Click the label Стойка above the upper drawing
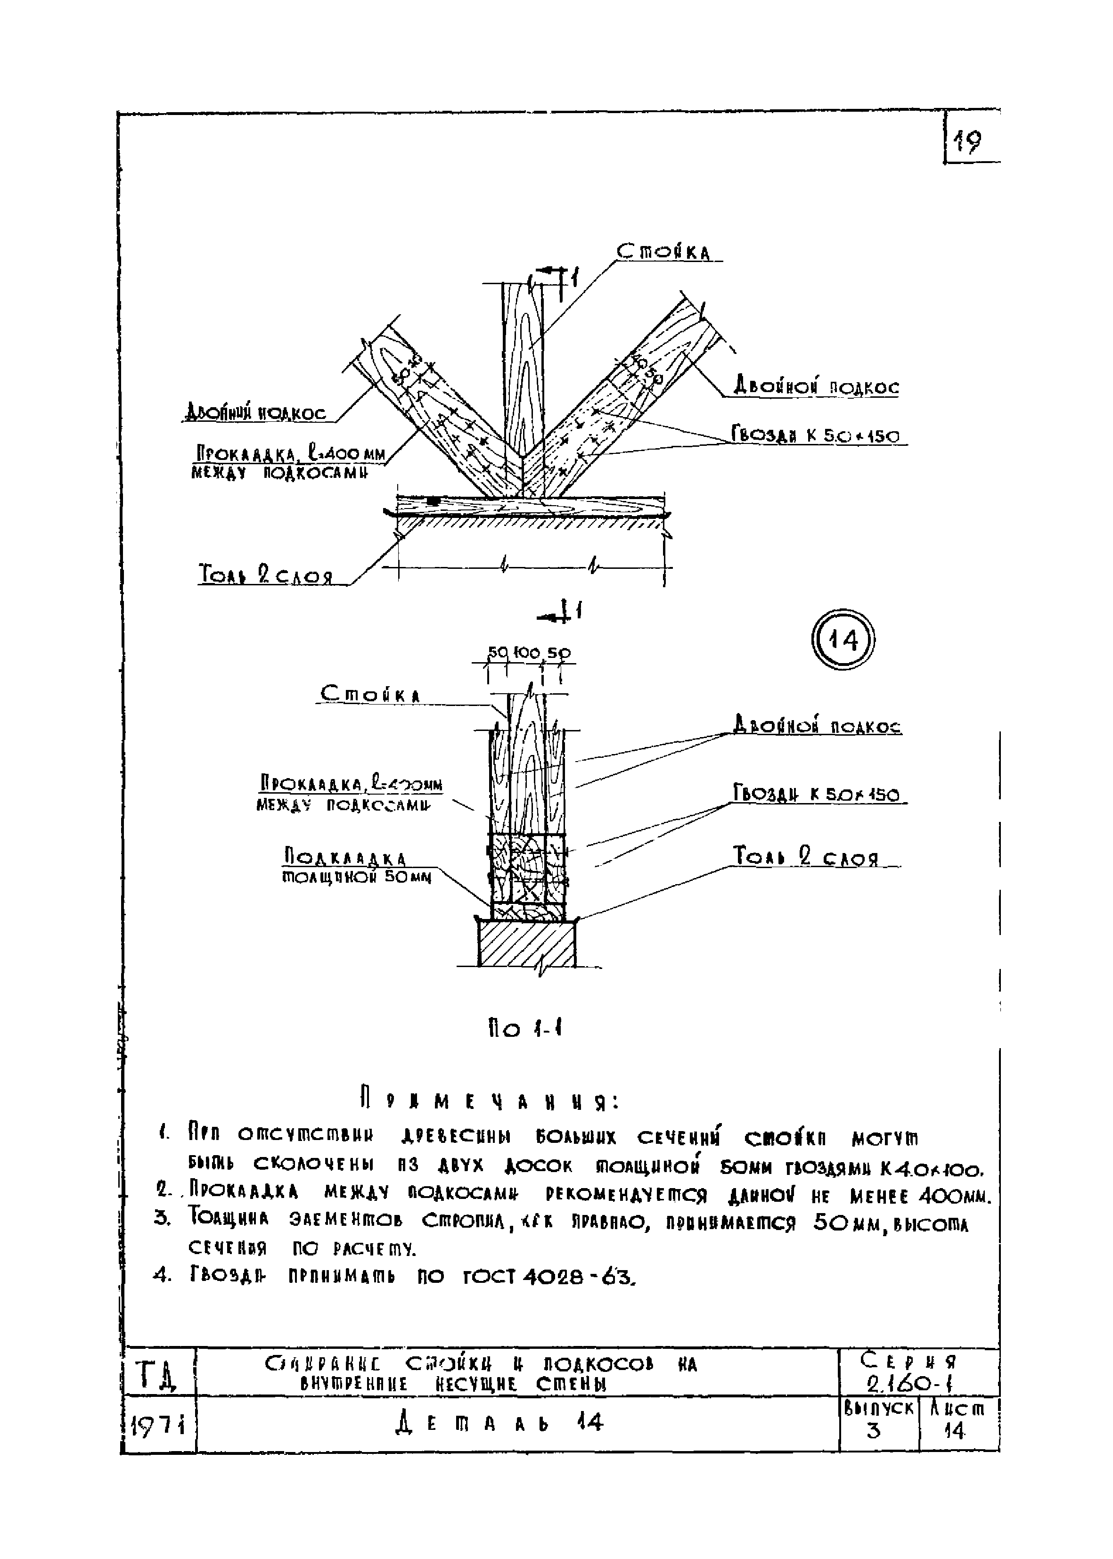pos(663,252)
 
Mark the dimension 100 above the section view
pos(526,652)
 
